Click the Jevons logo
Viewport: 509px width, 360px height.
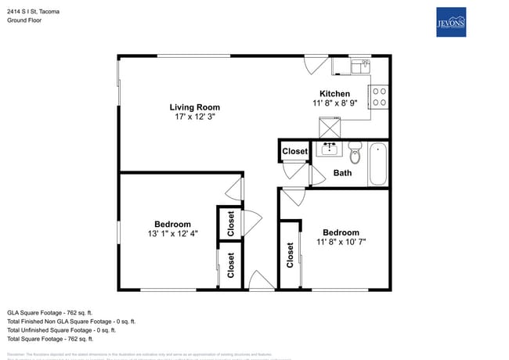[x=451, y=22]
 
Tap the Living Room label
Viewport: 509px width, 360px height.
[x=195, y=107]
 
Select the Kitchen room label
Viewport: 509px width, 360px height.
[x=334, y=94]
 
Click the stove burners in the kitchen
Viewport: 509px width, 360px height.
[x=378, y=96]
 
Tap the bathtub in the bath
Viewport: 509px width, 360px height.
[x=377, y=164]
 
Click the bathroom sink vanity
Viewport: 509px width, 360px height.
[x=328, y=149]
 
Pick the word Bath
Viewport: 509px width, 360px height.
[x=342, y=173]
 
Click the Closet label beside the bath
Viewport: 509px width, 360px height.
[x=294, y=151]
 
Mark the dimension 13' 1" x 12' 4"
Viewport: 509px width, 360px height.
[x=172, y=233]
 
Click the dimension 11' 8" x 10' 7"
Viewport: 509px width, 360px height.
[x=341, y=242]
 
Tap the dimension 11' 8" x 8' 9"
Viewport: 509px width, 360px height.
[x=334, y=103]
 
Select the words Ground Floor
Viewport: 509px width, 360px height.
[x=24, y=20]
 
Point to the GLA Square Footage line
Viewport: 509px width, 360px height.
[x=49, y=311]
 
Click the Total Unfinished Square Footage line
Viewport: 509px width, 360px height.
[x=60, y=330]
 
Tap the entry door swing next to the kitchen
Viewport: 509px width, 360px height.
[x=313, y=65]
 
